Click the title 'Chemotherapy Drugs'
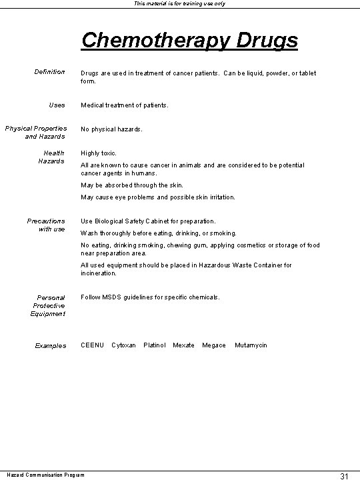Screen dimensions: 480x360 point(189,40)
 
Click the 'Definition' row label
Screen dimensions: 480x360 point(51,72)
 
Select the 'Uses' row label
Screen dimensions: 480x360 point(57,105)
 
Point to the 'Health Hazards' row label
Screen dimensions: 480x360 point(51,157)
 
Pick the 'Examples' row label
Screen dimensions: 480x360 point(51,345)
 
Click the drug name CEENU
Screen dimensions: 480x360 point(92,345)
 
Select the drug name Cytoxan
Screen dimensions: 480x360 point(123,345)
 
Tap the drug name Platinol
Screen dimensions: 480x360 point(155,345)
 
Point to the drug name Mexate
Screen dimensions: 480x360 point(183,345)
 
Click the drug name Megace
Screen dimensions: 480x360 point(214,345)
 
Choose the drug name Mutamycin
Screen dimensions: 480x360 point(251,345)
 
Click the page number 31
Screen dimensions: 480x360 point(344,475)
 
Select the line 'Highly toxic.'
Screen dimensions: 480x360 point(99,153)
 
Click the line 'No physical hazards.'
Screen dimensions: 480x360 point(111,129)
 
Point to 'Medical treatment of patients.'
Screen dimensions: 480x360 point(125,105)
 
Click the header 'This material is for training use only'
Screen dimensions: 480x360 point(180,4)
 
